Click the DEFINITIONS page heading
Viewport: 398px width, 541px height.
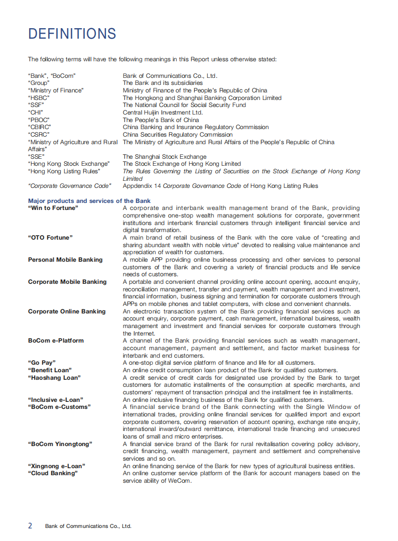coord(72,34)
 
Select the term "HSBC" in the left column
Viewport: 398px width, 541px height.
coord(39,98)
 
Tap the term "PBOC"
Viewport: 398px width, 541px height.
coord(39,120)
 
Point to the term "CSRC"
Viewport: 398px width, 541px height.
coord(39,135)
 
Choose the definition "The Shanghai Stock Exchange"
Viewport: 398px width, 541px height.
coord(165,157)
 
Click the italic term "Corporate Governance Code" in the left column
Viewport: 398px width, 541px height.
coord(69,186)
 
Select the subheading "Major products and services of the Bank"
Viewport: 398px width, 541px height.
coord(89,201)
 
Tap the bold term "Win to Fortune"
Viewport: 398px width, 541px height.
coord(53,208)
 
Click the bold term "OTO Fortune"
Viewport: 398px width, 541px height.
coord(50,238)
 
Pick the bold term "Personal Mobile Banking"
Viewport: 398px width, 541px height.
coord(65,260)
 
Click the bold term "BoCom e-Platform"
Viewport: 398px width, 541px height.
coord(56,341)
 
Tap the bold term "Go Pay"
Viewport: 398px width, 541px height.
coord(42,363)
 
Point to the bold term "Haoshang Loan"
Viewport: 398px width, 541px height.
coord(54,377)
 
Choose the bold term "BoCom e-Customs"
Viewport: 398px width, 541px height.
coord(59,407)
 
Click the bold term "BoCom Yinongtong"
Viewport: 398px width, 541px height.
coord(60,444)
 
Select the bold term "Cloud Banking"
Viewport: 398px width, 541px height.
coord(53,473)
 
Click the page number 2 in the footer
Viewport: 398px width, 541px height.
coord(30,525)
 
